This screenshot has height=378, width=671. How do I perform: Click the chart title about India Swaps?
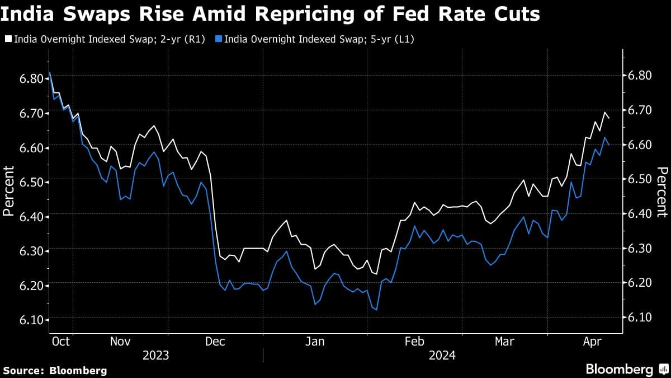(271, 13)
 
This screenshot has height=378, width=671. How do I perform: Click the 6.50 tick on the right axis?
(639, 179)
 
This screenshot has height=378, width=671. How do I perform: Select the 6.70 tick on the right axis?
(639, 110)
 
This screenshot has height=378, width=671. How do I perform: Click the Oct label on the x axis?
(60, 341)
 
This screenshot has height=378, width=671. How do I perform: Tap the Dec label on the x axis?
(215, 341)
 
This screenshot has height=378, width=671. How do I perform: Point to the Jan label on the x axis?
(315, 341)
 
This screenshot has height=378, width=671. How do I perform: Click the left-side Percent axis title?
(9, 191)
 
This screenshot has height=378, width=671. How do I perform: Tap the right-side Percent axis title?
(661, 192)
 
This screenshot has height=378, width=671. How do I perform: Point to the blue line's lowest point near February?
(376, 310)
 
